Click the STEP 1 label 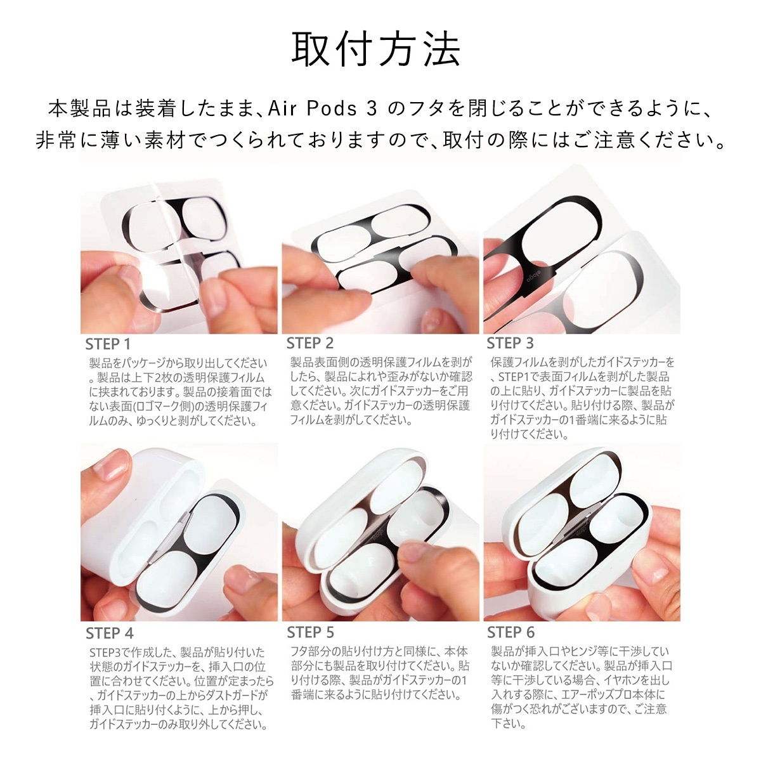pos(108,344)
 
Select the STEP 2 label pos(309,343)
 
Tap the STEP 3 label pos(511,343)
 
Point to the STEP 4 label pos(110,633)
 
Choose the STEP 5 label pos(310,632)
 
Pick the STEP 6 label pos(511,632)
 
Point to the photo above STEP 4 pos(179,533)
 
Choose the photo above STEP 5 pos(380,533)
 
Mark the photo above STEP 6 pos(582,533)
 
